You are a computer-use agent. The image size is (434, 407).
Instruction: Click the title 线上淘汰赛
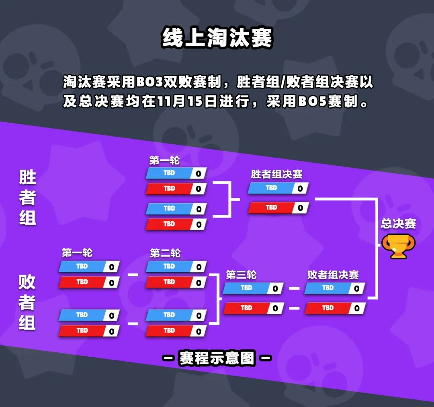(217, 37)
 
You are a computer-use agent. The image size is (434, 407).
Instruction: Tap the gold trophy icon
(398, 246)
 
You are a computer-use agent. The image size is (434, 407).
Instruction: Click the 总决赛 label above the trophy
(398, 224)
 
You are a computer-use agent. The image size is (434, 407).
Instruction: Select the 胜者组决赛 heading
(276, 174)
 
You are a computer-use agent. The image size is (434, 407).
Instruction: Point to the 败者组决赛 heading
(333, 275)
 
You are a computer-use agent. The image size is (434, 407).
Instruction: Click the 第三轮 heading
(241, 275)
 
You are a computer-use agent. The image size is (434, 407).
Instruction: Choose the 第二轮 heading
(165, 253)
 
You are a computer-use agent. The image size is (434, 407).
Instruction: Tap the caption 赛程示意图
(217, 358)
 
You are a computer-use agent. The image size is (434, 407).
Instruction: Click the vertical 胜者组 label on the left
(27, 197)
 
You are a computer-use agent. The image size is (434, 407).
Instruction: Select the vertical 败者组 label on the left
(27, 302)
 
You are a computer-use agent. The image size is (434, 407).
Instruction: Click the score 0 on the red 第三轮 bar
(275, 308)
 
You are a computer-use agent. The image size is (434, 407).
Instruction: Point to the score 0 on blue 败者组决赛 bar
(356, 289)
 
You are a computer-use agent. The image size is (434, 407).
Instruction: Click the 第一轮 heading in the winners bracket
(164, 160)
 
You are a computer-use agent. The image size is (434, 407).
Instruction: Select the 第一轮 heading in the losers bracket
(77, 253)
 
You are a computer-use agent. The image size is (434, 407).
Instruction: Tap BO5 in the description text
(312, 101)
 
